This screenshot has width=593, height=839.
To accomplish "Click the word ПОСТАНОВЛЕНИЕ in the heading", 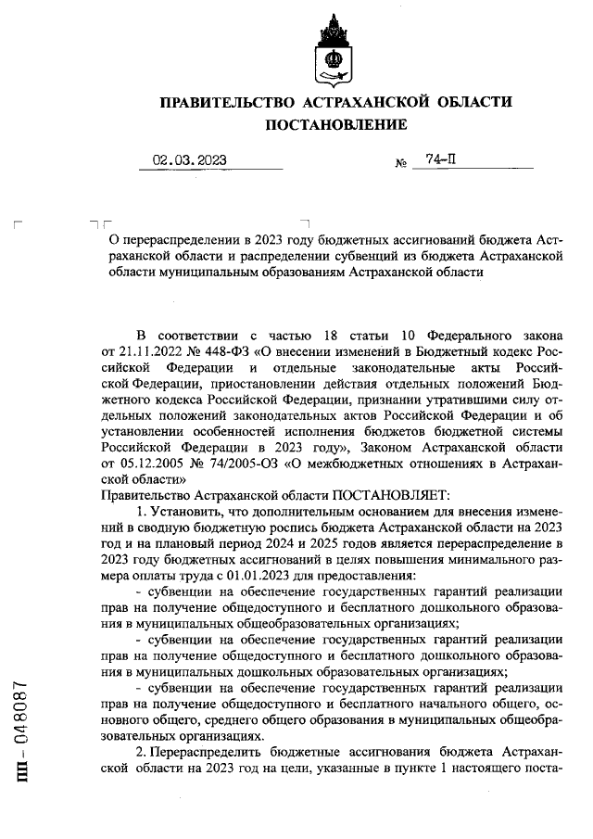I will coord(336,124).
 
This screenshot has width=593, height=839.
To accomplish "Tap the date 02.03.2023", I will coord(190,160).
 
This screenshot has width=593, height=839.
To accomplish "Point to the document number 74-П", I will coord(440,159).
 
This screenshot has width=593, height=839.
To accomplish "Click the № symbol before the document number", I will coord(401,164).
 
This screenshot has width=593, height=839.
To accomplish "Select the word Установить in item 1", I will coord(185,513).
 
